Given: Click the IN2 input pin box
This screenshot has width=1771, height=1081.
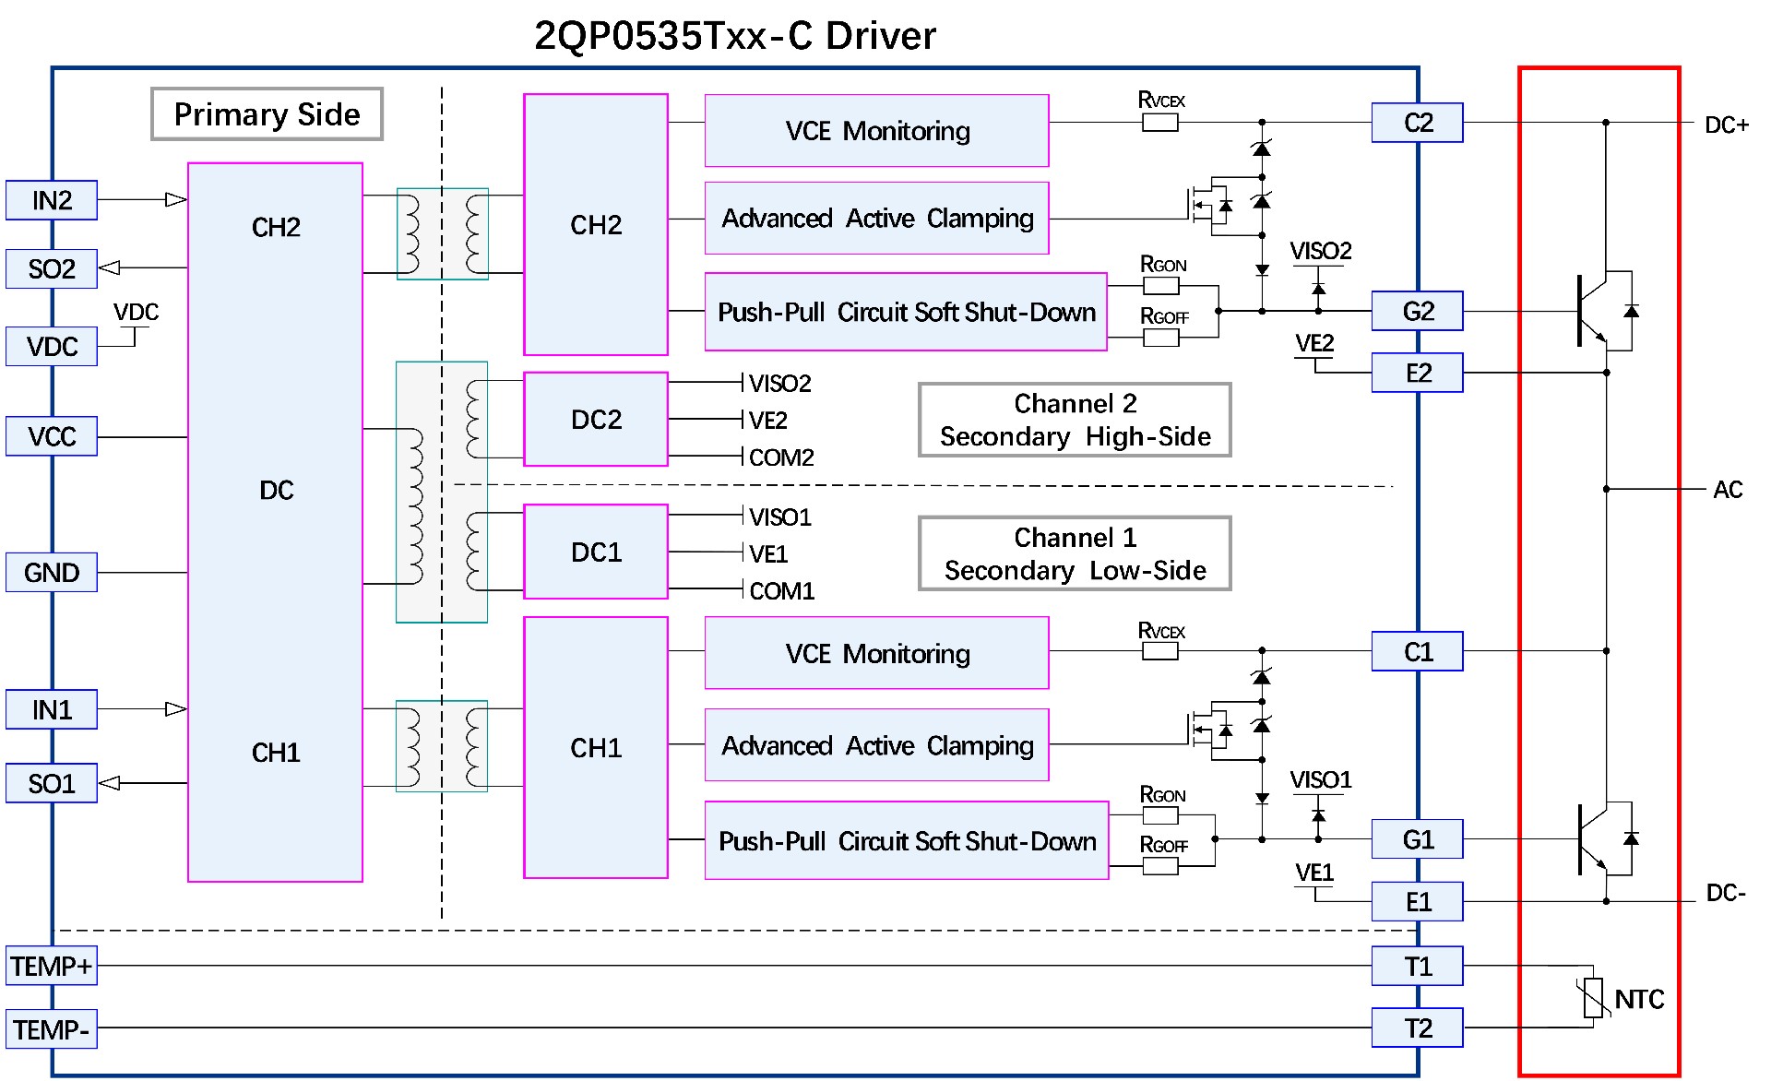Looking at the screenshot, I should pyautogui.click(x=52, y=200).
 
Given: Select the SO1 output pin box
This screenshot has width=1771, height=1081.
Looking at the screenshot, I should pyautogui.click(x=52, y=783).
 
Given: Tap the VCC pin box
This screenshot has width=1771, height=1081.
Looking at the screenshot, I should pyautogui.click(x=52, y=436).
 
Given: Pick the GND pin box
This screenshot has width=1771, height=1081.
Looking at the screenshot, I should pyautogui.click(x=52, y=572).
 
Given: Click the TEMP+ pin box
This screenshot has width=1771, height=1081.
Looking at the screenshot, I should pyautogui.click(x=52, y=966).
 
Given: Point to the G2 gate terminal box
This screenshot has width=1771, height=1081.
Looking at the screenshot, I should pyautogui.click(x=1417, y=311).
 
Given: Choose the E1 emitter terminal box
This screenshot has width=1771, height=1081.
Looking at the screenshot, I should pyautogui.click(x=1417, y=901).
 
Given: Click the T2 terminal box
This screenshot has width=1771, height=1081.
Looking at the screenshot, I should pyautogui.click(x=1417, y=1028).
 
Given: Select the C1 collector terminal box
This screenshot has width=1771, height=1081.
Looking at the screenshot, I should pyautogui.click(x=1417, y=651).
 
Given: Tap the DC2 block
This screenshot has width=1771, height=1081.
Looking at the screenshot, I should pyautogui.click(x=596, y=420).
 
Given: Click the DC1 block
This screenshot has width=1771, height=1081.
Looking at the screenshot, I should pyautogui.click(x=596, y=552).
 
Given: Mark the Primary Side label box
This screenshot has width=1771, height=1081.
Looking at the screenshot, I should pyautogui.click(x=267, y=114).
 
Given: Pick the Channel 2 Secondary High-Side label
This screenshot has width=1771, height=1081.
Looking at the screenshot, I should pyautogui.click(x=1075, y=420).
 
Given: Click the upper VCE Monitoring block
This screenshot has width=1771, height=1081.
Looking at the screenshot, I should pyautogui.click(x=876, y=131).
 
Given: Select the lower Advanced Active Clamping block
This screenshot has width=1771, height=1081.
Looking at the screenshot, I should pyautogui.click(x=876, y=745).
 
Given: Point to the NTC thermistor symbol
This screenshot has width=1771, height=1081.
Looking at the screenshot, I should pyautogui.click(x=1593, y=998).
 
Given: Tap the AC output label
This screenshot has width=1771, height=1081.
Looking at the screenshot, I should pyautogui.click(x=1728, y=490).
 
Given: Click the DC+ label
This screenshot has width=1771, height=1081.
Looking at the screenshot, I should pyautogui.click(x=1726, y=125).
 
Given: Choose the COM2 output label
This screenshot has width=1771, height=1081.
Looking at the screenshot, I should pyautogui.click(x=780, y=457).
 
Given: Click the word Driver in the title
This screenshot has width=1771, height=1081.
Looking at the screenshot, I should pyautogui.click(x=880, y=36).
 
